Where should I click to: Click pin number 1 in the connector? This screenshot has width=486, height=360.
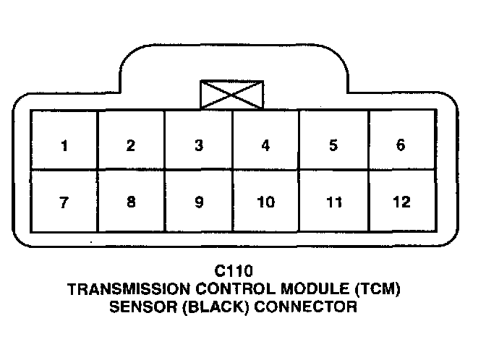pos(64,145)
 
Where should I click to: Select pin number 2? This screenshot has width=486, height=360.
pos(130,145)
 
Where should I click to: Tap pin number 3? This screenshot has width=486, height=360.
pos(198,145)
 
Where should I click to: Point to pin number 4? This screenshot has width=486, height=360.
pos(265,145)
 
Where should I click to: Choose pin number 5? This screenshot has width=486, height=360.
pos(333,145)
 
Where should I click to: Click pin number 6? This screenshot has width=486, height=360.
pos(400,145)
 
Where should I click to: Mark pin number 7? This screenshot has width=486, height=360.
pos(64,202)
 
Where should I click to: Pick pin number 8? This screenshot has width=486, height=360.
pos(130,202)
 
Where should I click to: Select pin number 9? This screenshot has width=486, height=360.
pos(198,202)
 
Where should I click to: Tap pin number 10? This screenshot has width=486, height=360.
pos(265,202)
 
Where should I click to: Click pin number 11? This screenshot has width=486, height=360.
pos(333,202)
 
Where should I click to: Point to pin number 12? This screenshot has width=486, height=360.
pos(400,202)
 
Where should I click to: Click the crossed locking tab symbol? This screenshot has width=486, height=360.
pos(231,94)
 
